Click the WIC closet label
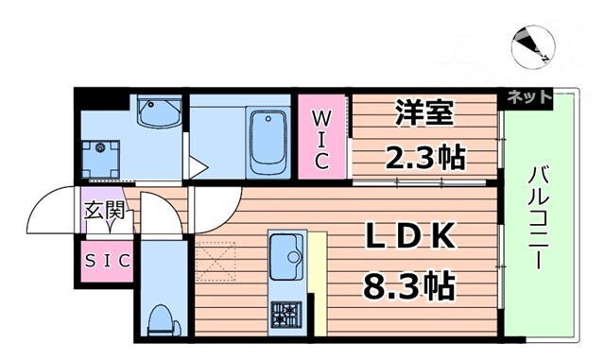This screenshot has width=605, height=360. pos(321,140)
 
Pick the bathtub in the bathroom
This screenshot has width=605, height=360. pos(268,142)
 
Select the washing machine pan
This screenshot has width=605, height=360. pos(99,158)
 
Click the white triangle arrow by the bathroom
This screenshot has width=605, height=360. pos(197,169)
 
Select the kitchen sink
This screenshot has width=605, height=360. pos(285,252)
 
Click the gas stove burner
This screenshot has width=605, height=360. pos(285,313)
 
